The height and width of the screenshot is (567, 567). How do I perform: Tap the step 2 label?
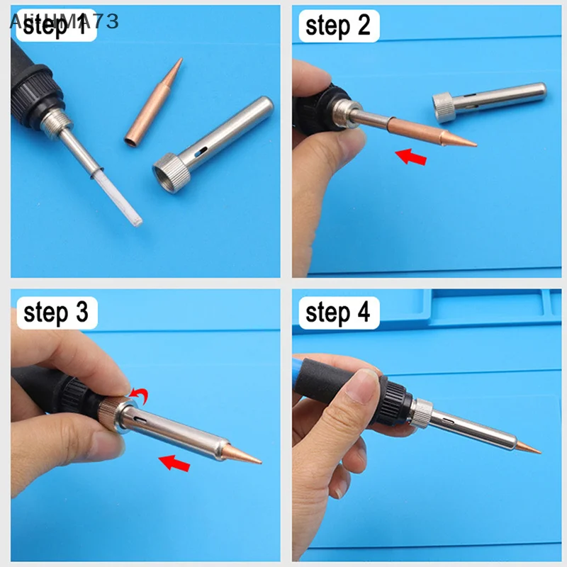338,27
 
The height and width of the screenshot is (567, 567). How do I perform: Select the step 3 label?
56,313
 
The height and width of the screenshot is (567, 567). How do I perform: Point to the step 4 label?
338,312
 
